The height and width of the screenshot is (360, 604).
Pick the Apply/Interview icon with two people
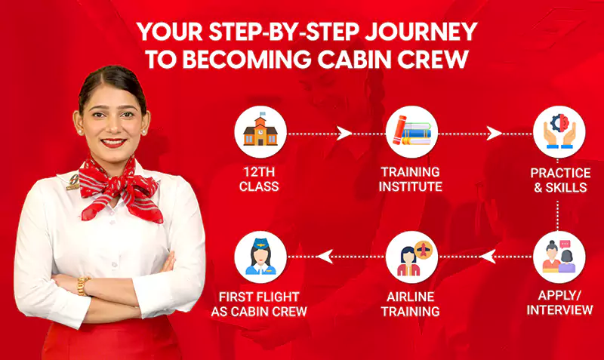pyautogui.click(x=559, y=257)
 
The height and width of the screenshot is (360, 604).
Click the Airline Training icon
pyautogui.click(x=411, y=257)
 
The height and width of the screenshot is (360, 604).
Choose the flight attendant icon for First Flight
pyautogui.click(x=260, y=257)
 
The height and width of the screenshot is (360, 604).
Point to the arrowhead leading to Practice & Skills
pyautogui.click(x=495, y=134)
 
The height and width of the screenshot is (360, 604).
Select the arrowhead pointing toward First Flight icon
pyautogui.click(x=325, y=257)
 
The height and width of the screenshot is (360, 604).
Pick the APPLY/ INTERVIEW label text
pyautogui.click(x=559, y=302)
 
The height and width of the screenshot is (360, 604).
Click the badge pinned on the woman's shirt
pyautogui.click(x=73, y=181)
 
